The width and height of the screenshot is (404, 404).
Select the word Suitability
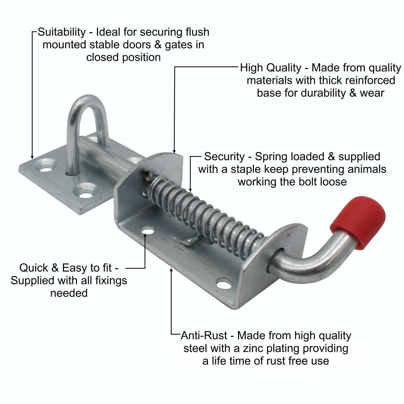point(62,32)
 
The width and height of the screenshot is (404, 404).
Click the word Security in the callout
point(224,157)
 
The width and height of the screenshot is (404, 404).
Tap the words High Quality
point(270,68)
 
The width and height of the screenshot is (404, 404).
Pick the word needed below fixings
point(69,293)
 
